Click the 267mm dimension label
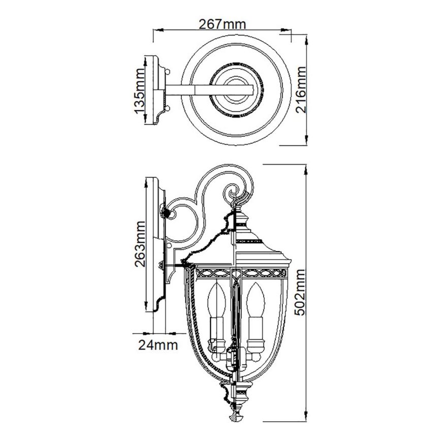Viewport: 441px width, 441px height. [220, 24]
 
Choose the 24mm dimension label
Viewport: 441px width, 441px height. [158, 346]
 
